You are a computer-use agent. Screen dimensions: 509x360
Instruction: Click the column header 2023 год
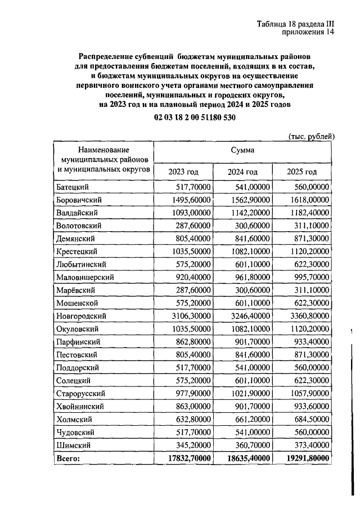pos(184,172)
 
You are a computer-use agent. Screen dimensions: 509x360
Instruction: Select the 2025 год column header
pos(301,172)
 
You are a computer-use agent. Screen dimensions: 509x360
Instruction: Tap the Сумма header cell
pos(242,150)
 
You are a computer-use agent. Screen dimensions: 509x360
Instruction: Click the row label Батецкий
pos(74,187)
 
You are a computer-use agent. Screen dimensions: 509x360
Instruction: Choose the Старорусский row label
pos(82,394)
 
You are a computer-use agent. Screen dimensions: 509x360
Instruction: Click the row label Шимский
pos(73,445)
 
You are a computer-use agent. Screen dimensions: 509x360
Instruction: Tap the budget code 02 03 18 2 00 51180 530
pos(194,118)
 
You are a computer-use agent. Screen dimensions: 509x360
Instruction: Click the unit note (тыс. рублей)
pos(312,136)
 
